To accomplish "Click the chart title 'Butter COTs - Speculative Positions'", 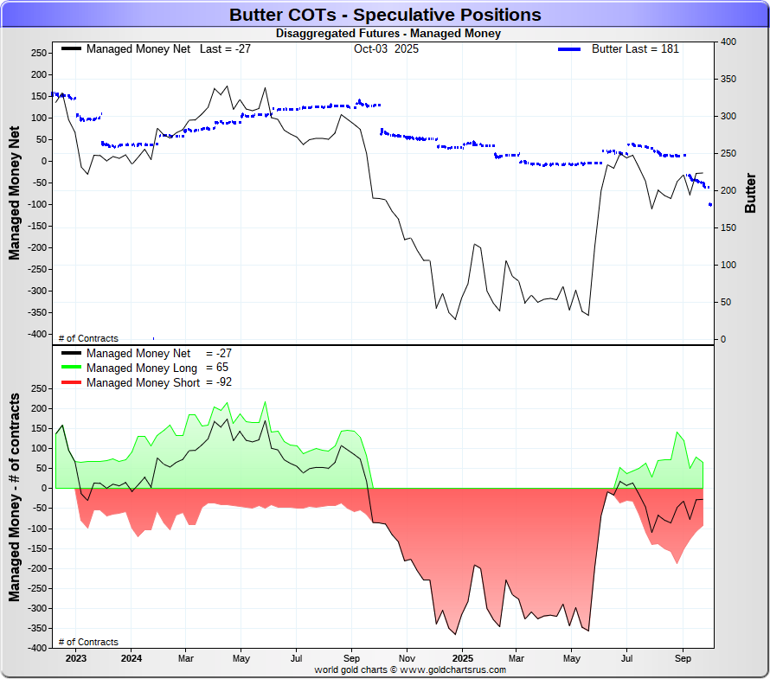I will pyautogui.click(x=385, y=15).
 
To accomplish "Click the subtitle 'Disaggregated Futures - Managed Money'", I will pyautogui.click(x=388, y=34).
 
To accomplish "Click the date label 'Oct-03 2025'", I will pyautogui.click(x=386, y=49).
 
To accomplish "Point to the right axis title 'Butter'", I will pyautogui.click(x=750, y=193).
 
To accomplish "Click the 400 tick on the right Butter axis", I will pyautogui.click(x=728, y=42).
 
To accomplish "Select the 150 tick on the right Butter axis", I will pyautogui.click(x=728, y=227).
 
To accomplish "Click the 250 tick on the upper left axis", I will pyautogui.click(x=37, y=54).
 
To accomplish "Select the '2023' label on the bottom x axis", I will pyautogui.click(x=75, y=657).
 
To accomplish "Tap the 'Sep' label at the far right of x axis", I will pyautogui.click(x=682, y=657).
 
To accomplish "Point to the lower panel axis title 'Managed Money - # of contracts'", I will pyautogui.click(x=15, y=497).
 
